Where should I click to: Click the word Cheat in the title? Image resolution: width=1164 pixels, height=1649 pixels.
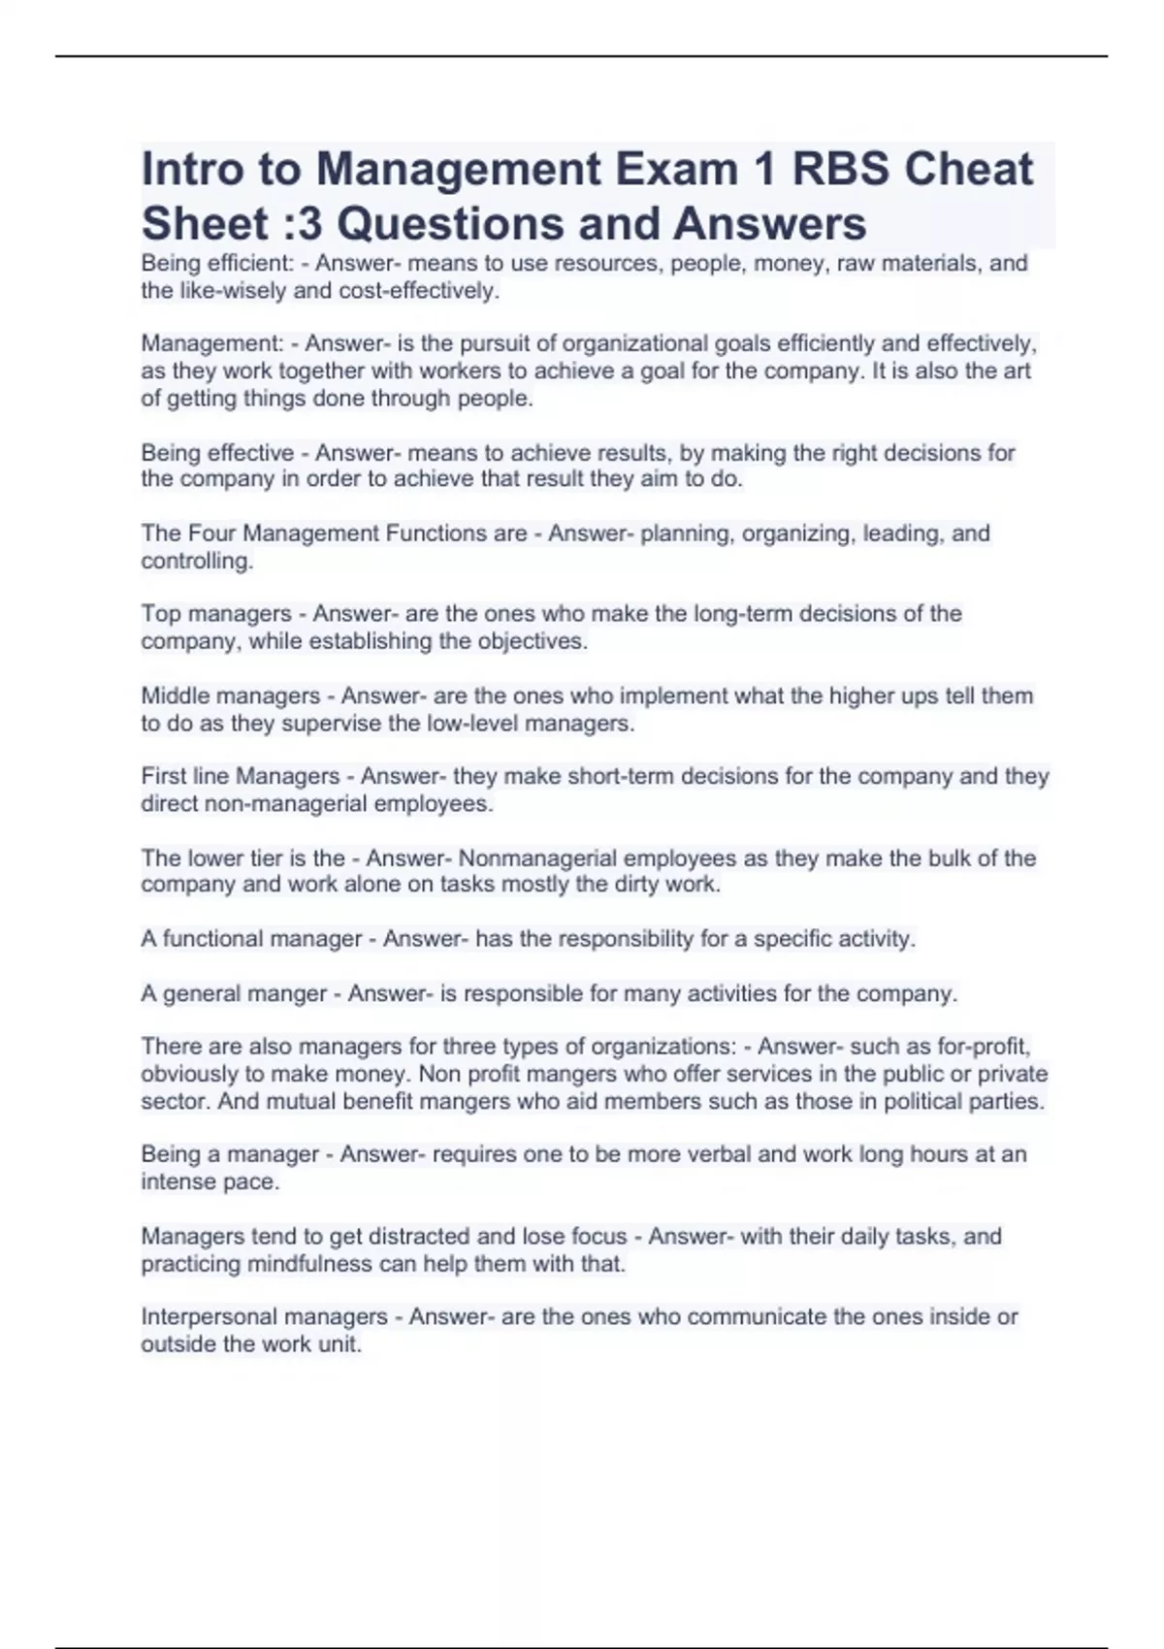[x=968, y=170]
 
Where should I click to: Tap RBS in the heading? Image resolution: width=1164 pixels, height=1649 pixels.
[x=840, y=170]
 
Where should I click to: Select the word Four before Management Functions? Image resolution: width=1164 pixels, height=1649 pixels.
[x=211, y=533]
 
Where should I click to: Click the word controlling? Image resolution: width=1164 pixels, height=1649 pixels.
[x=197, y=561]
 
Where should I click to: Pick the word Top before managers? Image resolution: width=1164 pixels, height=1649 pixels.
[x=161, y=613]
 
